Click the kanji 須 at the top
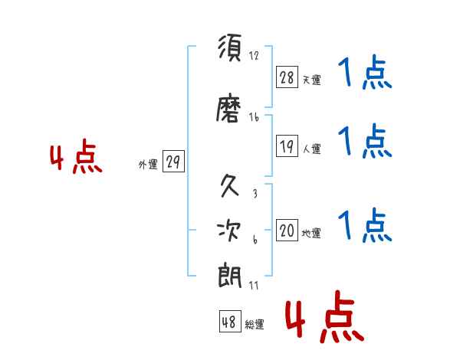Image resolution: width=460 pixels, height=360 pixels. (x=230, y=47)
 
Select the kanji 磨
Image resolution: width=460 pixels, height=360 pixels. (x=228, y=108)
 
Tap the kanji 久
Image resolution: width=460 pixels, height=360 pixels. (x=230, y=185)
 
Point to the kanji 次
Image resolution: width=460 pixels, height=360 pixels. (x=229, y=231)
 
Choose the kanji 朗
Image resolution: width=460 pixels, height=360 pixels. (x=230, y=276)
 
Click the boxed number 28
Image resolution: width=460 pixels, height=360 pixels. (x=287, y=77)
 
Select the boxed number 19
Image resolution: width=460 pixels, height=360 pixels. (x=287, y=146)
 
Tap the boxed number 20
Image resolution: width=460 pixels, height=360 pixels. (x=287, y=230)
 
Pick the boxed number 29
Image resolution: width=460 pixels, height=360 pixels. (x=173, y=162)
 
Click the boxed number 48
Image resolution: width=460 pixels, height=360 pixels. (x=230, y=322)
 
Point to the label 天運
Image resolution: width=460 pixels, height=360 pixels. (x=312, y=80)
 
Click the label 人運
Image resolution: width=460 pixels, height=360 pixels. (x=312, y=149)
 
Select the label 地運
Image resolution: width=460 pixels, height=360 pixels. (x=311, y=234)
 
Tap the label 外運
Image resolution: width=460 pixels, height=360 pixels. (x=148, y=165)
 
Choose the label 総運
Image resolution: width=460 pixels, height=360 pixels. (x=255, y=324)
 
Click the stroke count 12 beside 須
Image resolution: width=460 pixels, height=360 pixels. (x=254, y=55)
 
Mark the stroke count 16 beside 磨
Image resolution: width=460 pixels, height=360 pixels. (x=254, y=117)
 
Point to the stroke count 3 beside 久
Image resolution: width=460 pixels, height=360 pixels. (x=255, y=193)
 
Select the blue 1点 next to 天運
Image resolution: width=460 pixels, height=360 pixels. (x=365, y=73)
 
